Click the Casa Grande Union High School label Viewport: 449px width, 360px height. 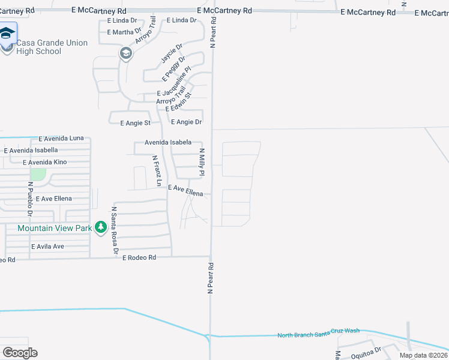coord(52,47)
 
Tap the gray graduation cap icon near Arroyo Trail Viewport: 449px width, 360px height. coord(126,54)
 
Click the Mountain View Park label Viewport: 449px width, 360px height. coord(55,228)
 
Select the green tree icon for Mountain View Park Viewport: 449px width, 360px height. coord(102,227)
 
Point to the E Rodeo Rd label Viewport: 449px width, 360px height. coord(139,257)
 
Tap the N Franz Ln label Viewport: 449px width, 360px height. coord(157,171)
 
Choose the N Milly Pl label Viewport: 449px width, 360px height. coord(202,163)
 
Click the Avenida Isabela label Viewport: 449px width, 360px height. coord(168,143)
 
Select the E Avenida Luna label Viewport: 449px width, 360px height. coord(61,138)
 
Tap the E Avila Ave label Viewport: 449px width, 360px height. coord(47,247)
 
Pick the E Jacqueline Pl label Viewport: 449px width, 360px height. coord(173,85)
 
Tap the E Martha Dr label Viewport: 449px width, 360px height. coord(124,32)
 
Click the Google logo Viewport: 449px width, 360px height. coord(20,353)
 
